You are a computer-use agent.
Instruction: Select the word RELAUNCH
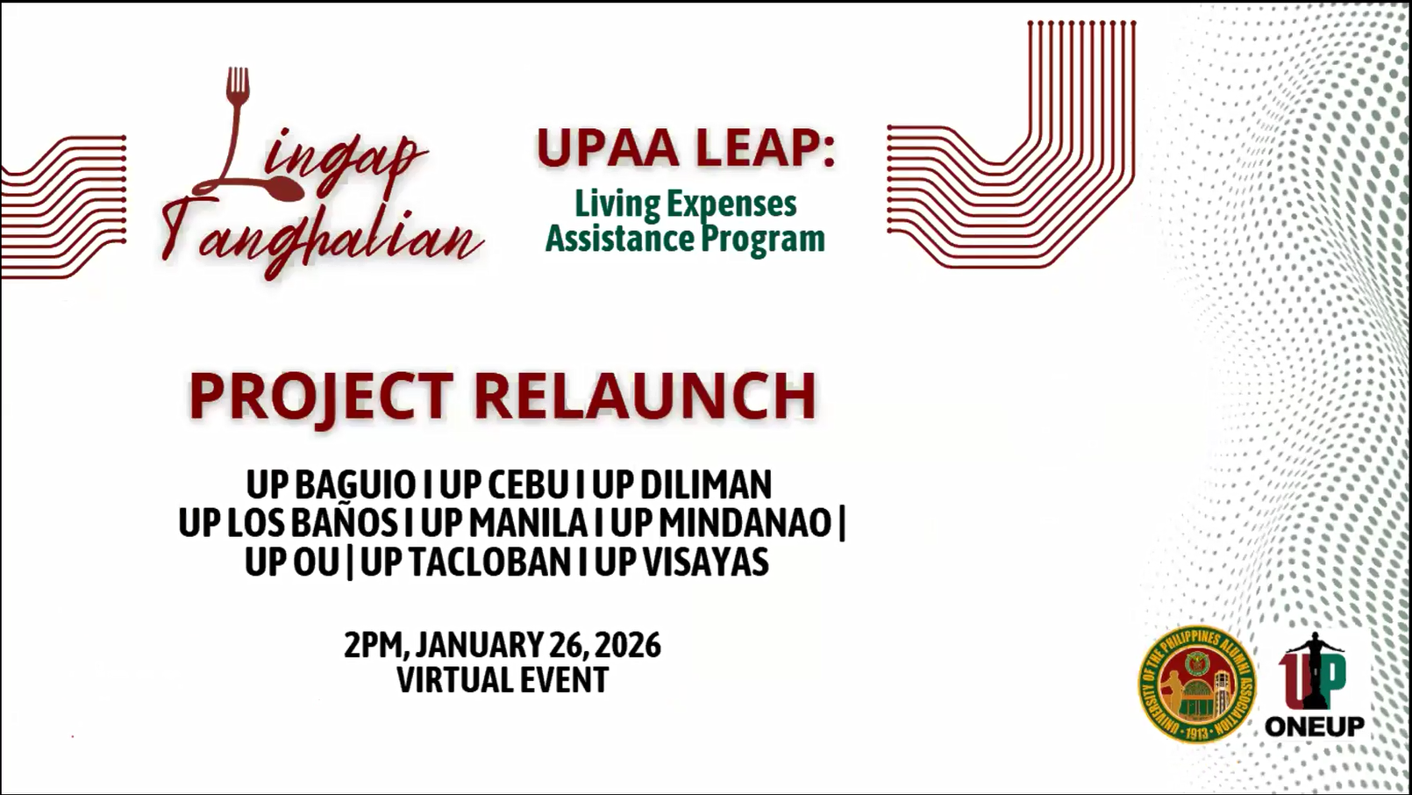pos(645,396)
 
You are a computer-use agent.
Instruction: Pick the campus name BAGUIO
pos(355,485)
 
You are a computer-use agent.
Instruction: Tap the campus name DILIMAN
pos(705,485)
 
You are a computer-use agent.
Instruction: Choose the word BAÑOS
pos(343,523)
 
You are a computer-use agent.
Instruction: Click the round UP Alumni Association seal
pos(1196,684)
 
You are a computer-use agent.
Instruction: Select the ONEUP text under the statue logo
pos(1315,727)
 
